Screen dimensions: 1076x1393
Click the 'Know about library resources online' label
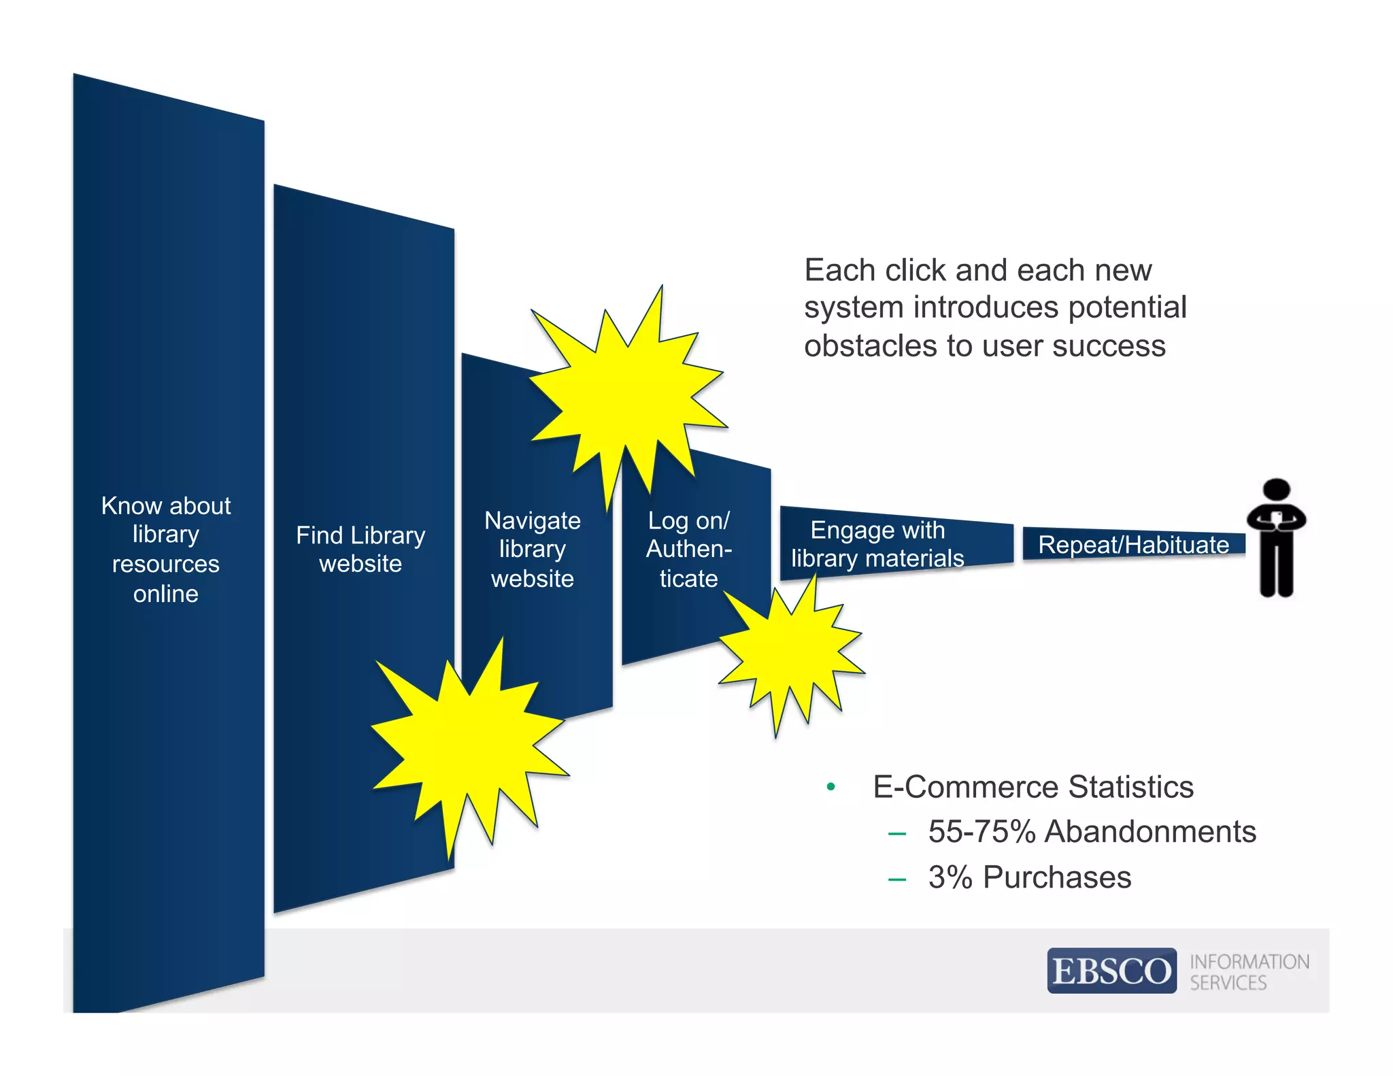(x=166, y=550)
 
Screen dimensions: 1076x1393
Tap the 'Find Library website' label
(x=360, y=549)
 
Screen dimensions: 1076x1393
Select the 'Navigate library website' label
(x=533, y=549)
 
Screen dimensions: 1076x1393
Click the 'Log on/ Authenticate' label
(x=688, y=549)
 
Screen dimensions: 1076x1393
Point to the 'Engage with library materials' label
(x=877, y=544)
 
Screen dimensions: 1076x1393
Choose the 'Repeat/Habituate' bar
(x=1133, y=545)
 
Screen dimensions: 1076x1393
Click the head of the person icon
(x=1276, y=490)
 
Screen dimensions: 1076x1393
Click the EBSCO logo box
(x=1111, y=971)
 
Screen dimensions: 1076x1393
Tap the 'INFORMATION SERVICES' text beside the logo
(x=1248, y=972)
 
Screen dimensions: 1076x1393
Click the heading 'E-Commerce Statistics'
(x=1033, y=787)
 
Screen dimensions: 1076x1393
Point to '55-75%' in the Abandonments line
(x=981, y=832)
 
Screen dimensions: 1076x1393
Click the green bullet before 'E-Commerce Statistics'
(x=830, y=787)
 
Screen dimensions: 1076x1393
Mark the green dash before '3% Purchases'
(x=896, y=879)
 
